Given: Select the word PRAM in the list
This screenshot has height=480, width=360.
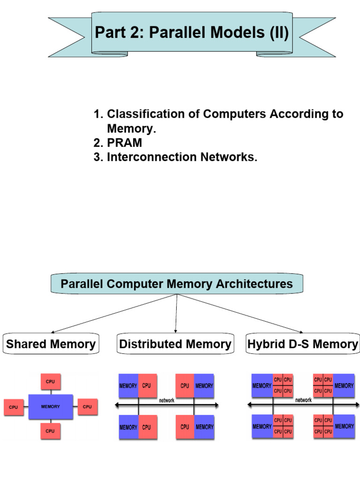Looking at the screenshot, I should pyautogui.click(x=124, y=142).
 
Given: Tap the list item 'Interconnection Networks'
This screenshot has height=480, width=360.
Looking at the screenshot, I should pyautogui.click(x=182, y=157).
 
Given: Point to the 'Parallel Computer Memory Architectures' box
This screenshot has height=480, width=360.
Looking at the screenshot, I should pyautogui.click(x=177, y=284).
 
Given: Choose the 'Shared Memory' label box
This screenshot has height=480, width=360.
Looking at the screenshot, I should pyautogui.click(x=51, y=344).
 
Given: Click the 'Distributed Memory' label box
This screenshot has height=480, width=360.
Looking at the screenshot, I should pyautogui.click(x=175, y=344).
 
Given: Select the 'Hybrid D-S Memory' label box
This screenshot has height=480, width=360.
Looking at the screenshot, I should pyautogui.click(x=302, y=344).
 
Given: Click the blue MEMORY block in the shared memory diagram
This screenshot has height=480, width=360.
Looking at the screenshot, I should pyautogui.click(x=51, y=406).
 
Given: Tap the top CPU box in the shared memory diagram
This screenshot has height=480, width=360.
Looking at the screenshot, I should pyautogui.click(x=51, y=382).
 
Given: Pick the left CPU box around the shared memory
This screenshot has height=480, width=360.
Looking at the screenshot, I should pyautogui.click(x=14, y=407).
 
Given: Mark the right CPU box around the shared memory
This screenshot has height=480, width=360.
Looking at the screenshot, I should pyautogui.click(x=87, y=407).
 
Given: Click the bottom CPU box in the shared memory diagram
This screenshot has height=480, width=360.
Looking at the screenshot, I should pyautogui.click(x=51, y=430).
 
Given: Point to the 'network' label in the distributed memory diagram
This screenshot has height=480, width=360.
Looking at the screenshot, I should pyautogui.click(x=166, y=401).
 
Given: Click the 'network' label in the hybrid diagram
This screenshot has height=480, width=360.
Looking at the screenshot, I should pyautogui.click(x=303, y=400).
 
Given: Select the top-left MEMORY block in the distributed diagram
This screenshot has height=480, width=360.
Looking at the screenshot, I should pyautogui.click(x=128, y=386).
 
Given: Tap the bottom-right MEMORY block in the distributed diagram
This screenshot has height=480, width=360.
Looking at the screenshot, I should pyautogui.click(x=204, y=427).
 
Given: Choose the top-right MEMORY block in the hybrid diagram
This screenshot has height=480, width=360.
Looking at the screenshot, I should pyautogui.click(x=344, y=385).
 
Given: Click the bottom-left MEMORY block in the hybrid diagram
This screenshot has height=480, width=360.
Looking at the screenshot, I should pyautogui.click(x=262, y=427).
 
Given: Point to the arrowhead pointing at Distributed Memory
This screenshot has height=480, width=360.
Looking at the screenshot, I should pyautogui.click(x=175, y=331).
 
